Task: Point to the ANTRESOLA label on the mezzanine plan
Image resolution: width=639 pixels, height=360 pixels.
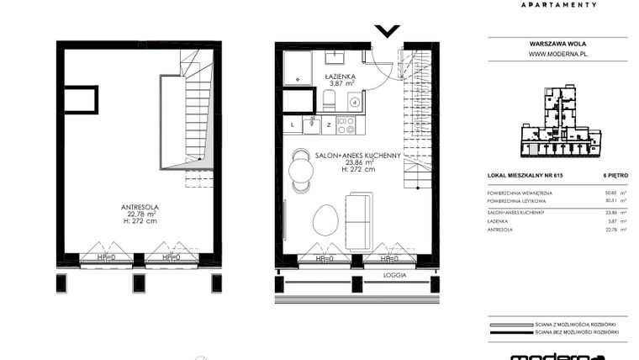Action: [x=139, y=207]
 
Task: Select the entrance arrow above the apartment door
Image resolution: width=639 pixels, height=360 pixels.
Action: [x=387, y=32]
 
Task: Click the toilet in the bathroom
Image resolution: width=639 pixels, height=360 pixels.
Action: [x=330, y=102]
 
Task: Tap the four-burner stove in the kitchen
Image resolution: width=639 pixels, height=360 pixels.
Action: [x=346, y=125]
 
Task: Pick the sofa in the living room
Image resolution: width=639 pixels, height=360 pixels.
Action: [x=359, y=220]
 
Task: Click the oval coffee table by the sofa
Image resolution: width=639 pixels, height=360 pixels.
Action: [x=324, y=221]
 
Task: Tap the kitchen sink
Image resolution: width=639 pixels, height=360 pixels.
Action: [x=310, y=125]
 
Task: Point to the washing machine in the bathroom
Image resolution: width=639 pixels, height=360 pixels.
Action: [x=355, y=103]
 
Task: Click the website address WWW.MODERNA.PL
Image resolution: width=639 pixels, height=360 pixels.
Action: [x=556, y=54]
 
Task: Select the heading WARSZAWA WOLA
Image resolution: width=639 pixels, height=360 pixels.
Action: [x=556, y=42]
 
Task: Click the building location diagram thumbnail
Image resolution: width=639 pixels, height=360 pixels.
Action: [x=558, y=122]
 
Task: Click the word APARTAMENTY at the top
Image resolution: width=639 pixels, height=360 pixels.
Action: [x=558, y=4]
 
